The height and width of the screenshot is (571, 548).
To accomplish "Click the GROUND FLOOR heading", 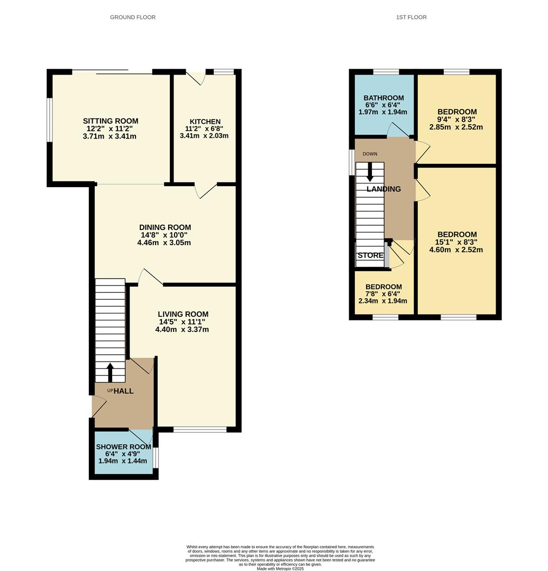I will pyautogui.click(x=133, y=17).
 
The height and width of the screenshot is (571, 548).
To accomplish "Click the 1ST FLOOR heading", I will pyautogui.click(x=411, y=17).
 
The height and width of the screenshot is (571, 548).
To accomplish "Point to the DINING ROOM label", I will pyautogui.click(x=165, y=227).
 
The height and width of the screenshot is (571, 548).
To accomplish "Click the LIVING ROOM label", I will pyautogui.click(x=182, y=314).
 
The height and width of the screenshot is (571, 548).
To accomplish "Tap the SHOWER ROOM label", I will pyautogui.click(x=123, y=447).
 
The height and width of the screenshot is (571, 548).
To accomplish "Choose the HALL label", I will pyautogui.click(x=124, y=391).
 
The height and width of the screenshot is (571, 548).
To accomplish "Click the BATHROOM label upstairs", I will pyautogui.click(x=383, y=98).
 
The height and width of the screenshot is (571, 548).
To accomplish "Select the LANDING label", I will pyautogui.click(x=383, y=189).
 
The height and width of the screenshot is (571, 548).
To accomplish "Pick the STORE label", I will pyautogui.click(x=370, y=255).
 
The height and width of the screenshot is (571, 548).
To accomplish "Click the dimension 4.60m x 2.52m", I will pyautogui.click(x=457, y=250).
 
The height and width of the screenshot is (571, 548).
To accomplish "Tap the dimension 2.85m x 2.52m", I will pyautogui.click(x=457, y=127).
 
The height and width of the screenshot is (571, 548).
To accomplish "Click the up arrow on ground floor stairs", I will pyautogui.click(x=110, y=372).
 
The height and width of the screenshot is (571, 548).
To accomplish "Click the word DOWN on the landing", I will pyautogui.click(x=370, y=154).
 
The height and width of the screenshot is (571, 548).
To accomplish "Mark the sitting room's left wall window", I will pyautogui.click(x=50, y=120).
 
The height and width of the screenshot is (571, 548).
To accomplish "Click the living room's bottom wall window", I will pyautogui.click(x=200, y=430).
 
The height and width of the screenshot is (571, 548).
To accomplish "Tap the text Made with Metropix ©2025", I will pyautogui.click(x=280, y=568).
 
